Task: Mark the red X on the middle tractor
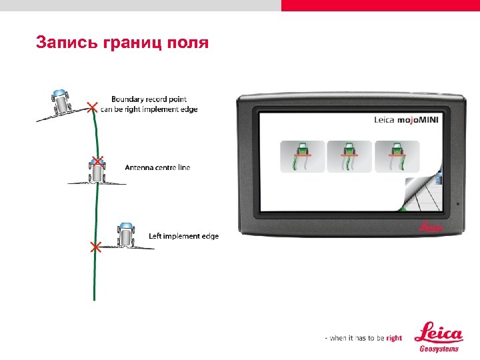(x=97, y=161)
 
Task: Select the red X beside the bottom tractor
(x=94, y=247)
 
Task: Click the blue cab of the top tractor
(x=59, y=94)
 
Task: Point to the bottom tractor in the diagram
(x=125, y=235)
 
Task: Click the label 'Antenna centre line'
(x=157, y=167)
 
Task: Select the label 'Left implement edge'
(x=183, y=236)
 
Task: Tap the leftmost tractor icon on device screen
(x=303, y=157)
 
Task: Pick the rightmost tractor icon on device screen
(x=397, y=157)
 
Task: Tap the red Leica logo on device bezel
(x=431, y=227)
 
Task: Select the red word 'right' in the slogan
(x=394, y=338)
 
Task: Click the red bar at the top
(x=380, y=5)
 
